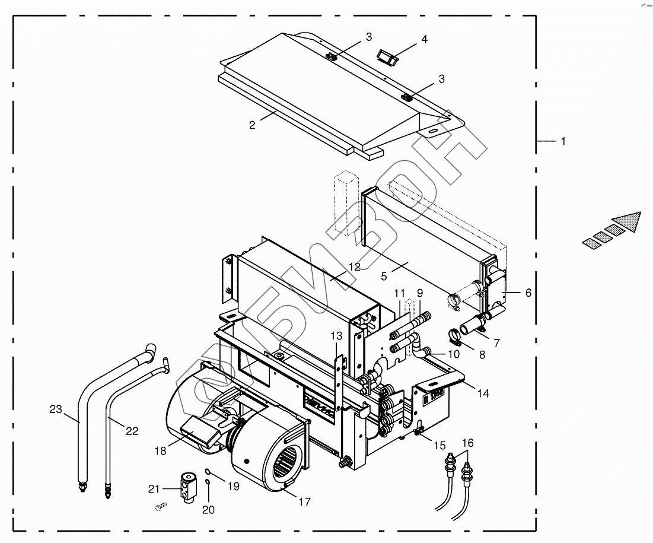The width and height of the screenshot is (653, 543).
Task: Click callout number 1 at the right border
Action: (x=563, y=141)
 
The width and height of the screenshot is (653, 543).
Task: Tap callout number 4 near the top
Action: (x=424, y=40)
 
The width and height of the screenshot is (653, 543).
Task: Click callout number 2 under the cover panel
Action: (x=252, y=125)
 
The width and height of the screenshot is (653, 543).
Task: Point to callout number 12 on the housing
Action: (x=354, y=267)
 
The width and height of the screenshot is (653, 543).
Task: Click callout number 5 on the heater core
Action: (x=384, y=275)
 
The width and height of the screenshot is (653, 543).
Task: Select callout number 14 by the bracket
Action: (x=484, y=393)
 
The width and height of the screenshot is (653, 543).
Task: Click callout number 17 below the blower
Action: (x=304, y=502)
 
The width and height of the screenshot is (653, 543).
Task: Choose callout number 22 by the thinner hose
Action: (x=132, y=431)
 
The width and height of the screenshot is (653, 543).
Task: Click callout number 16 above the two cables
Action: (x=468, y=443)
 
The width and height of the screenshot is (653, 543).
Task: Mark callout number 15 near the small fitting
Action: (x=439, y=445)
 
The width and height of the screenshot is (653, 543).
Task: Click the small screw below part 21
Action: (x=161, y=507)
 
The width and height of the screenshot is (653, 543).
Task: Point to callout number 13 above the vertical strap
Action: (x=337, y=336)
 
